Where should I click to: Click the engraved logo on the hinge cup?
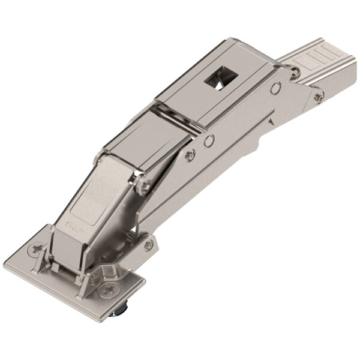click(x=74, y=227)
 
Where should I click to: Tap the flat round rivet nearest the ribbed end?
click(x=275, y=88)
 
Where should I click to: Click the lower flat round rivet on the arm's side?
click(x=209, y=142)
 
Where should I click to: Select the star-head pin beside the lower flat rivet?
click(x=191, y=154)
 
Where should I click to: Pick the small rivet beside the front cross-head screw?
click(x=95, y=278)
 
